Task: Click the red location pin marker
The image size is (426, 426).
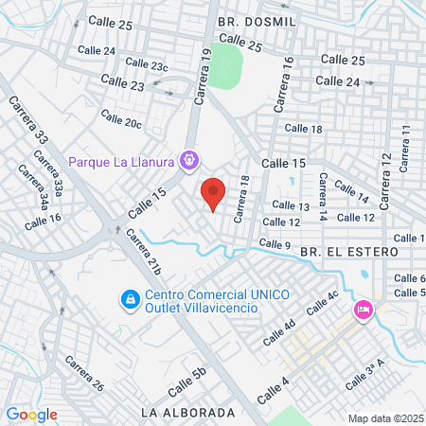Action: coord(214,193)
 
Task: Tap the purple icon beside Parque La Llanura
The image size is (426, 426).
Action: coord(189,162)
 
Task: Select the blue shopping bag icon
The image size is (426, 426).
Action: coord(128,300)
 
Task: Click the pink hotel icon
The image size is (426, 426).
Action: coord(363,311)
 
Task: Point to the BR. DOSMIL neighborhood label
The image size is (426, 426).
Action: coord(257,20)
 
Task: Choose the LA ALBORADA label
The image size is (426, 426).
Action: coord(186,414)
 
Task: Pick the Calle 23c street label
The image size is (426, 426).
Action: coord(147,64)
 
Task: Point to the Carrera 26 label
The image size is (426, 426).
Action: coord(84,375)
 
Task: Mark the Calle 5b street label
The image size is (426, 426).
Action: coord(186,380)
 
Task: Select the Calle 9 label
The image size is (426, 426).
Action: coord(275,245)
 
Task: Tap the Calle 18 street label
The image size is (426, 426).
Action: coord(303,129)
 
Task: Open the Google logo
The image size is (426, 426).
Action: coord(32,414)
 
